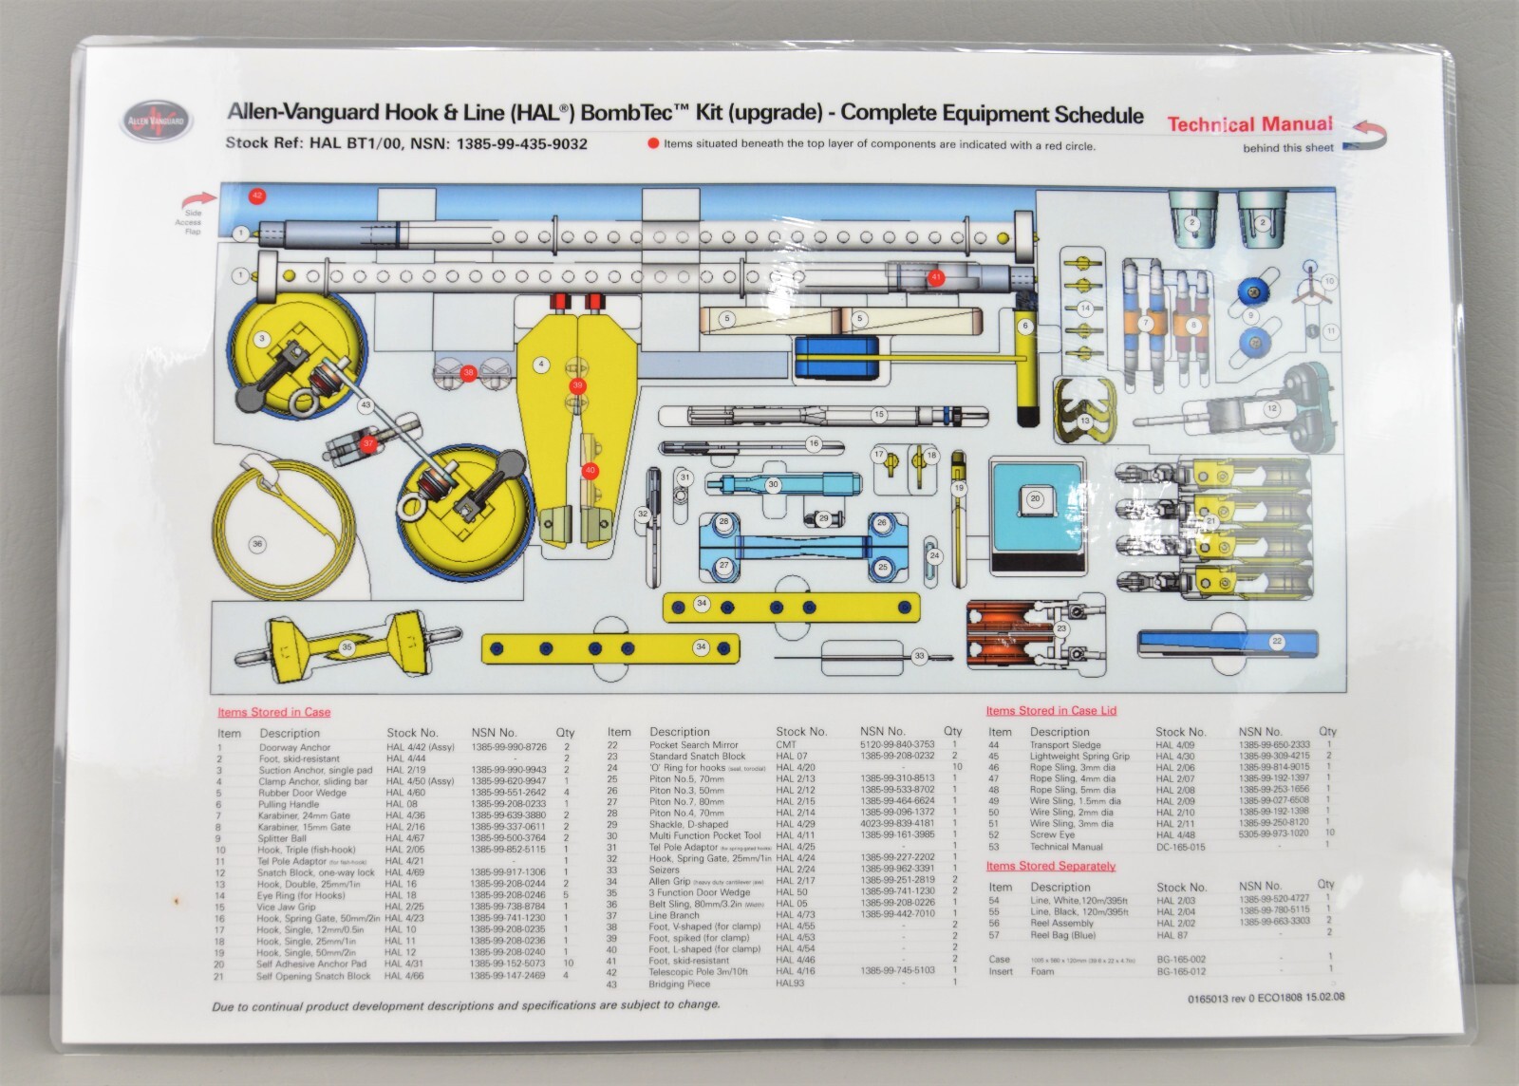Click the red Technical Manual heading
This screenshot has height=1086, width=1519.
(x=1249, y=124)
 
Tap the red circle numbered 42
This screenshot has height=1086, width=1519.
(x=256, y=197)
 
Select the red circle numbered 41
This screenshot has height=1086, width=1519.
(x=937, y=277)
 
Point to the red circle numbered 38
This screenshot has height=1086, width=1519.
(x=469, y=373)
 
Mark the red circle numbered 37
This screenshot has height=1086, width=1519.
(x=368, y=442)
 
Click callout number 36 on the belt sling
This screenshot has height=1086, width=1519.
(x=256, y=544)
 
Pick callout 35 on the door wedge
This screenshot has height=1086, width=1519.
(x=347, y=647)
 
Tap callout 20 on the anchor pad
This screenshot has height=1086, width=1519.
(x=1035, y=497)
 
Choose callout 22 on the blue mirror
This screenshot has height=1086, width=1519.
(x=1277, y=642)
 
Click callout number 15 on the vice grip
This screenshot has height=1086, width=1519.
(x=879, y=415)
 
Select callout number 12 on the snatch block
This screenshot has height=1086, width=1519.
(x=1272, y=409)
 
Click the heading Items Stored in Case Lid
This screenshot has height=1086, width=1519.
(x=1051, y=710)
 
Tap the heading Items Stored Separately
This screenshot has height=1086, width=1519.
(x=1050, y=866)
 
